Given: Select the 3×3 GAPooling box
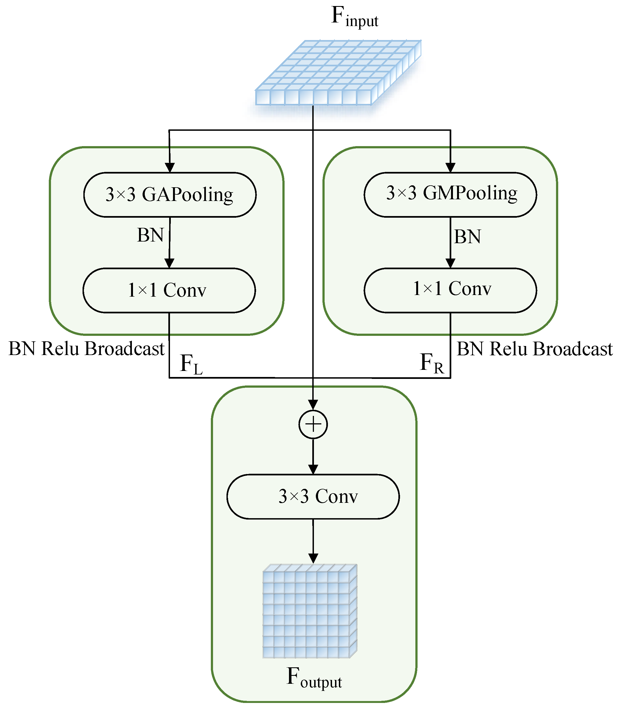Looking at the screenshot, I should coord(170,194).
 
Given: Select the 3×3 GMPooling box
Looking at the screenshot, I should coord(450,194).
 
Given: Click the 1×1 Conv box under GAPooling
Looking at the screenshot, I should coord(169,290).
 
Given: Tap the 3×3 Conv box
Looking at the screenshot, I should coord(313,496).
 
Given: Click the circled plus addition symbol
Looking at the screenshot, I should coord(313,424).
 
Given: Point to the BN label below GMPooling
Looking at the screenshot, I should coord(467,237).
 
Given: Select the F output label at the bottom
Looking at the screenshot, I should coord(314,677).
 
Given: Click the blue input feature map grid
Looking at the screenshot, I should coord(338,73).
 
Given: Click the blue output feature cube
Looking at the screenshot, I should coord(310,612).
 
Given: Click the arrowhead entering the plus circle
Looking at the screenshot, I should coord(313,404).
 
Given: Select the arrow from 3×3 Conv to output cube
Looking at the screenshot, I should coord(313,540).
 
